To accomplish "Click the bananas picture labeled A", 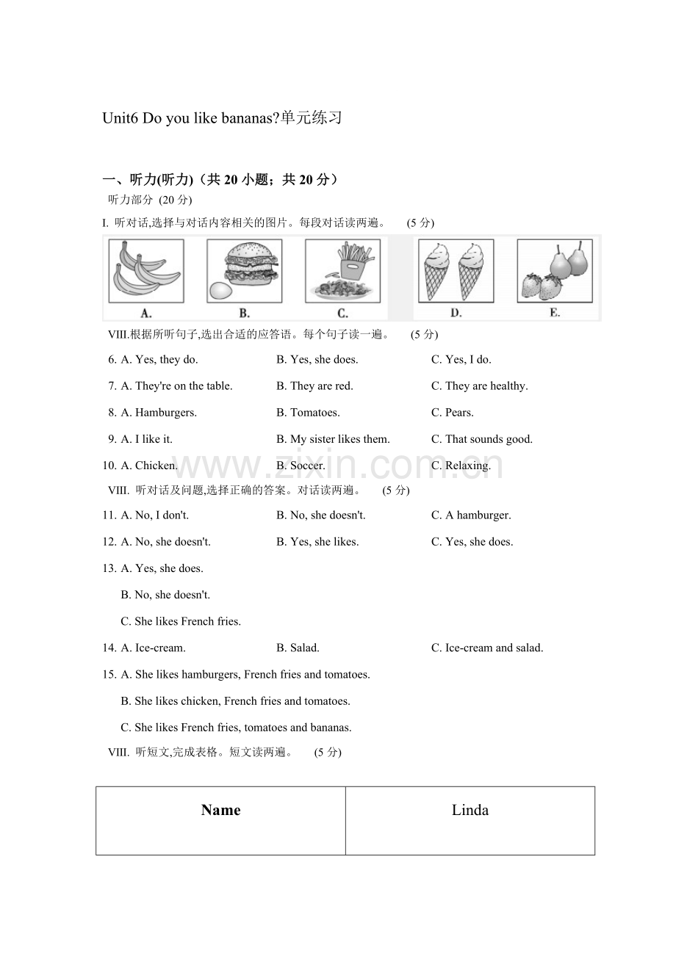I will (145, 270).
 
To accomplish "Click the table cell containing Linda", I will (470, 819).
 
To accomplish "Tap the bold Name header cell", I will (220, 819).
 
